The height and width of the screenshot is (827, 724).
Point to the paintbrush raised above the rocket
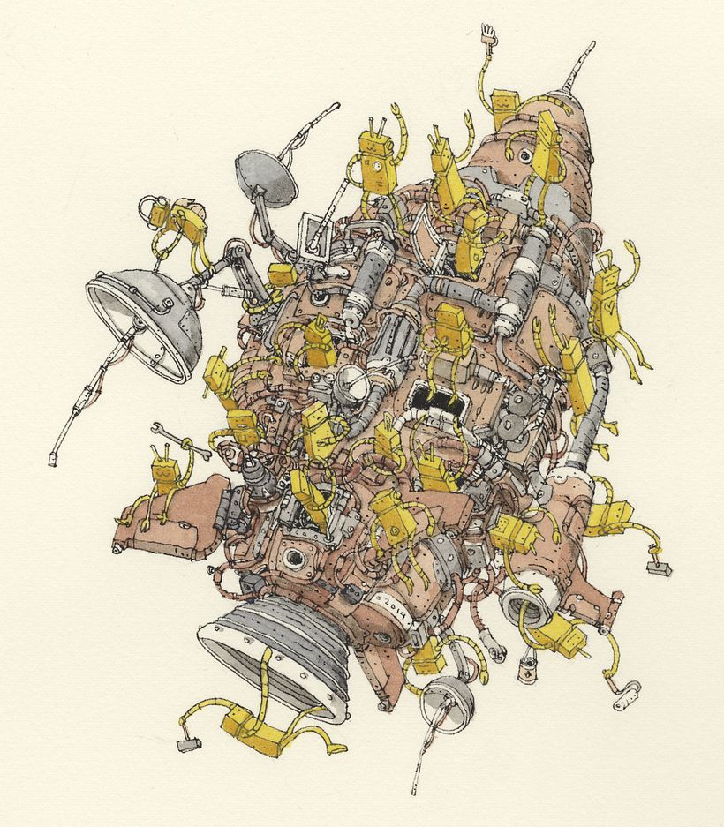486,35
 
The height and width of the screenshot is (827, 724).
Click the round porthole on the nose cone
526,156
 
